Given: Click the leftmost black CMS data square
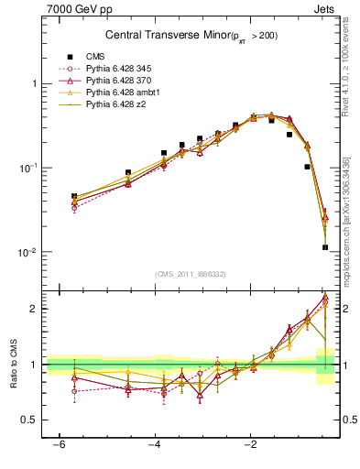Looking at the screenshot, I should (74, 196).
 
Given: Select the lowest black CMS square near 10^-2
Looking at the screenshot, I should (325, 247).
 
